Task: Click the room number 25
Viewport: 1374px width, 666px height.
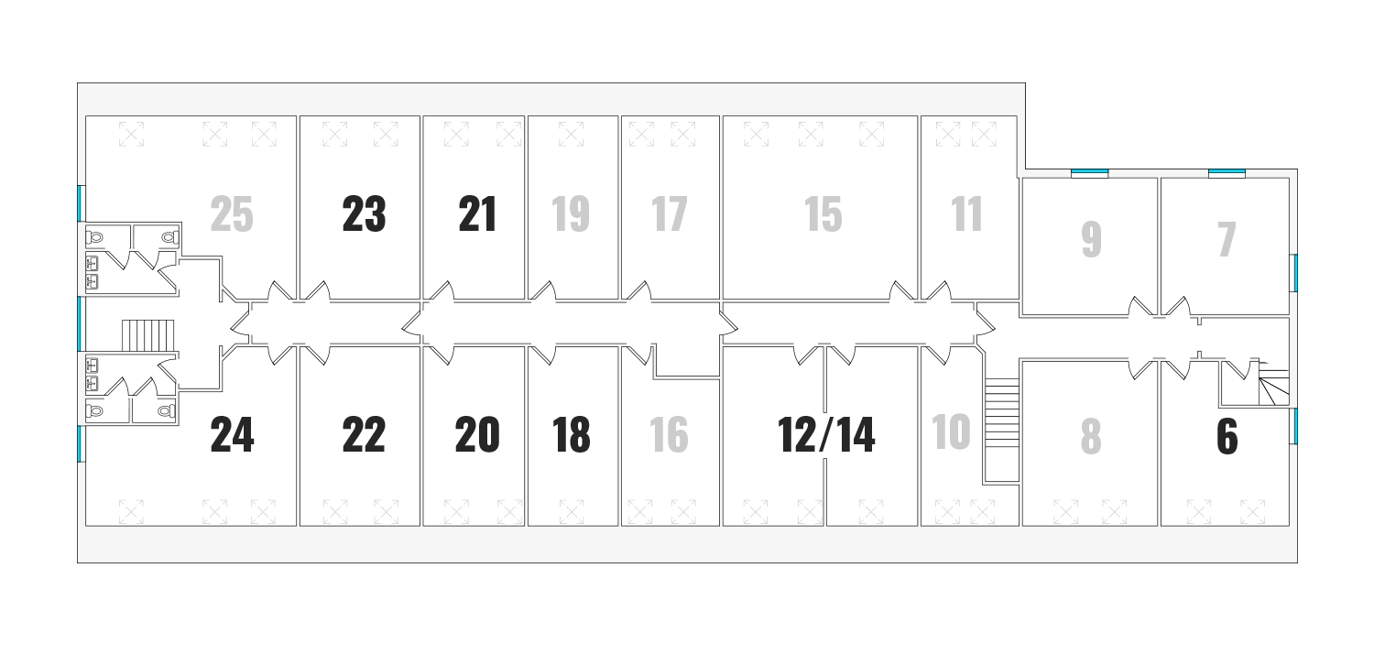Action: pos(232,214)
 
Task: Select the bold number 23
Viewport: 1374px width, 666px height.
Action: pos(364,214)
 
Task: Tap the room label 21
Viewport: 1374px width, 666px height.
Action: pos(477,214)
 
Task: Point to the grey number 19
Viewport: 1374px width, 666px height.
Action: pos(571,214)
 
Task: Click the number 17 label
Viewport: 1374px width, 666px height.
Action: pos(670,214)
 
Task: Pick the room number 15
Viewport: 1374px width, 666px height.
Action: pos(823,214)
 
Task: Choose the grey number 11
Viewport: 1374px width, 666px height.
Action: pos(967,214)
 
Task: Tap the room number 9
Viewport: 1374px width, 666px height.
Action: pos(1092,239)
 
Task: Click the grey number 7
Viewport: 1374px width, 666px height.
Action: pos(1227,239)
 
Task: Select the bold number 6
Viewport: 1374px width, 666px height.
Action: pos(1227,437)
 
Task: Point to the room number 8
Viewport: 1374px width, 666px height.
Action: pos(1091,437)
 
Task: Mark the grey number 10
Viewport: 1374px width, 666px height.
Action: pos(951,431)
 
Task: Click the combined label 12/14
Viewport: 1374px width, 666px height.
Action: pos(826,435)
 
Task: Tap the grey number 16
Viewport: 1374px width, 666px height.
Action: pos(669,435)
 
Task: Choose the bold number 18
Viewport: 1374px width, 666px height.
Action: pos(571,435)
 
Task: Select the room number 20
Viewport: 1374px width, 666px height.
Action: pos(477,435)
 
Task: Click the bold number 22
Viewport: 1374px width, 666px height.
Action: pos(364,435)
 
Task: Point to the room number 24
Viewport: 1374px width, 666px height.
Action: pos(232,435)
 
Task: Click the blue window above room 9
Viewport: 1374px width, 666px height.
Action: pos(1090,173)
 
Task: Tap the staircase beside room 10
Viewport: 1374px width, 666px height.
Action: pos(1002,430)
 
